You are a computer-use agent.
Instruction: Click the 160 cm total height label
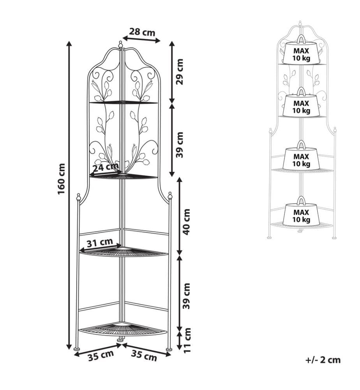pos(62,179)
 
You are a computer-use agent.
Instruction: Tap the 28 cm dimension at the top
pos(142,32)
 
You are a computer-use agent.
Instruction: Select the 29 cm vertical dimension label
pos(179,72)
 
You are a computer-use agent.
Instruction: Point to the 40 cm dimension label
pos(186,222)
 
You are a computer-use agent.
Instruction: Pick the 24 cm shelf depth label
pos(105,167)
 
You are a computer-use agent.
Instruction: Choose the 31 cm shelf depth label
pos(100,243)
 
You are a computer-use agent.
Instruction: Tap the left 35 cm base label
pos(101,355)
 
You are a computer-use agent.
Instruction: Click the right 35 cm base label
pos(144,356)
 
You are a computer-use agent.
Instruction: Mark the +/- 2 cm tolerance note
pos(323,360)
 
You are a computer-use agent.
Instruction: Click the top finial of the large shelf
pos(120,44)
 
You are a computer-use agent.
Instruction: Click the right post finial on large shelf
pos(170,195)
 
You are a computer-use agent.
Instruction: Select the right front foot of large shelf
pos(169,349)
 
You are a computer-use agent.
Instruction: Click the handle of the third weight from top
pos(302,144)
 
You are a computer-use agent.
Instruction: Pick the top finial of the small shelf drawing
pos(300,23)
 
